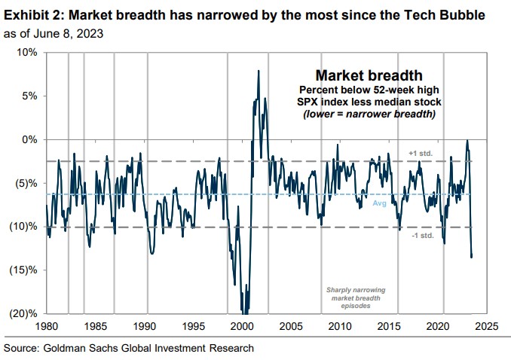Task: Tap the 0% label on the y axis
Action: [29, 140]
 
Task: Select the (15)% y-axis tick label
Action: [24, 270]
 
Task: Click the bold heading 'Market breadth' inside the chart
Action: [369, 76]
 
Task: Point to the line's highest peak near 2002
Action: [259, 71]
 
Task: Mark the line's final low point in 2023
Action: [471, 258]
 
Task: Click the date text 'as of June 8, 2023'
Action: [54, 34]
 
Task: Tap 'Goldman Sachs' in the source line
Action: [78, 348]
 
